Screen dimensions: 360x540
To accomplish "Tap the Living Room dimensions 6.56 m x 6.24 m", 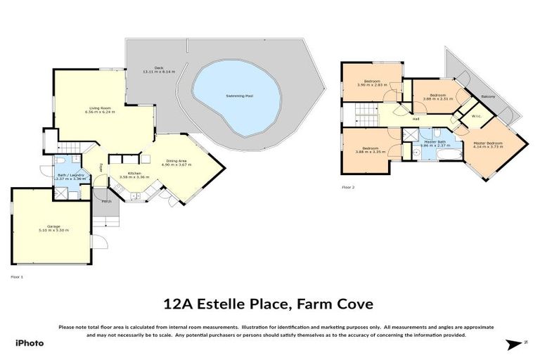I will click(x=100, y=111).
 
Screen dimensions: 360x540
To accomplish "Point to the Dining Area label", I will click(x=176, y=161).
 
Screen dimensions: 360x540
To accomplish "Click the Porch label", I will click(x=106, y=201).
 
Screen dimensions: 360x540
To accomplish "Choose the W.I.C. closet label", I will click(x=475, y=117).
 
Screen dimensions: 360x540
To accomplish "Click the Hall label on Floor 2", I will click(x=416, y=119).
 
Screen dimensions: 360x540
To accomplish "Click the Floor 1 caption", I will click(x=17, y=277).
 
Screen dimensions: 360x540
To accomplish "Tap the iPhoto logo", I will click(x=29, y=342).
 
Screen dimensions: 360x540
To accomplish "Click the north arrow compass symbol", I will click(x=516, y=343).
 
